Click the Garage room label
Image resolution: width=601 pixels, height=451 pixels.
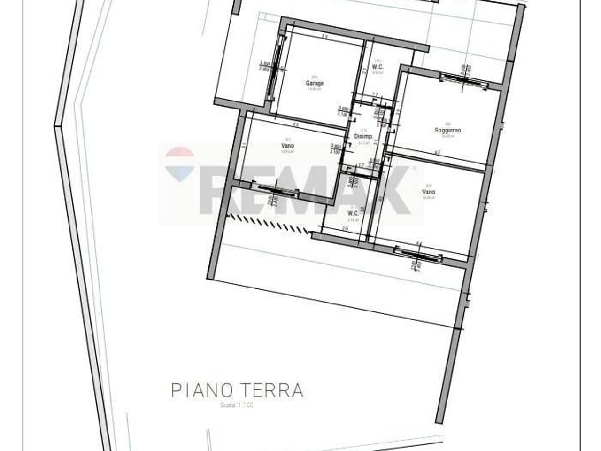(x=315, y=83)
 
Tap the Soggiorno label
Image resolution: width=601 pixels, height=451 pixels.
(x=447, y=130)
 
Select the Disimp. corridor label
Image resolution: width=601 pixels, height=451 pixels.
(x=363, y=136)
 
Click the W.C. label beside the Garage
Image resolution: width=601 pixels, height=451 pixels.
(x=378, y=67)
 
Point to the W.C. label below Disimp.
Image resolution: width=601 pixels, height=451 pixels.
(x=353, y=213)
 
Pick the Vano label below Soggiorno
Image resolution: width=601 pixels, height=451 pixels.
(x=428, y=192)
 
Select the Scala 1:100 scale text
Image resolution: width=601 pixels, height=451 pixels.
(x=237, y=405)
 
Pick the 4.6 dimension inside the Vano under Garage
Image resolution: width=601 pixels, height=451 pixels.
(x=296, y=125)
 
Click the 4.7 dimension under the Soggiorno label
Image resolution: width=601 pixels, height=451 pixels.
(x=437, y=152)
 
